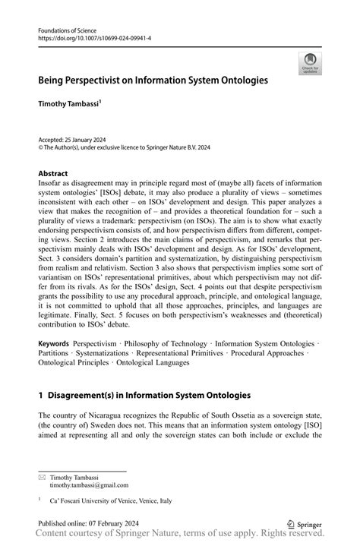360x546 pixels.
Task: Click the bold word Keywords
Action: (55, 344)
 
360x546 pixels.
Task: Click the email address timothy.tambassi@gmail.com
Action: (89, 484)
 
